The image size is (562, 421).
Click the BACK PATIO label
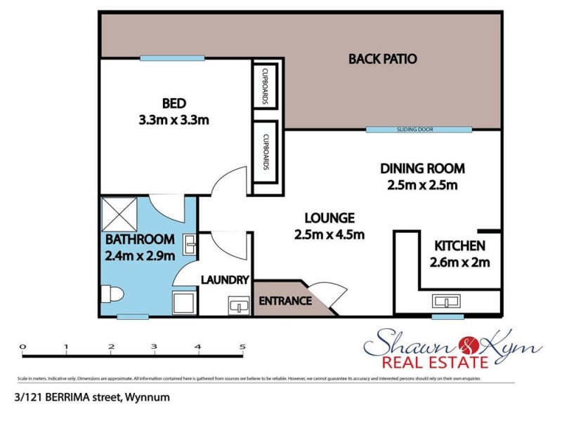(x=383, y=59)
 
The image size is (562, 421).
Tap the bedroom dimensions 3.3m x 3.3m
(x=174, y=120)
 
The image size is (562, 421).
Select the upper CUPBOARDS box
(x=267, y=86)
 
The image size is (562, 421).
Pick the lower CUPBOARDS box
(x=267, y=152)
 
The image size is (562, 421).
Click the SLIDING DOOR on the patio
(x=419, y=130)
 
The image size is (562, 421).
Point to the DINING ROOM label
(x=422, y=168)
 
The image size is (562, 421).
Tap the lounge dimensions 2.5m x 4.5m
(x=329, y=234)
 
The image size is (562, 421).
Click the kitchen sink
(x=447, y=302)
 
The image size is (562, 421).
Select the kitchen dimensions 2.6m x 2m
(x=459, y=263)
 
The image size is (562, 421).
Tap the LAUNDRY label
(x=225, y=280)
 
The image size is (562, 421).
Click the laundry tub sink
(x=239, y=305)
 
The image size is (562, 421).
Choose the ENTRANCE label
(x=285, y=301)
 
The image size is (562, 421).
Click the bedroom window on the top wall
(x=162, y=58)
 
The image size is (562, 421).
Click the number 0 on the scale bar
(x=22, y=347)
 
